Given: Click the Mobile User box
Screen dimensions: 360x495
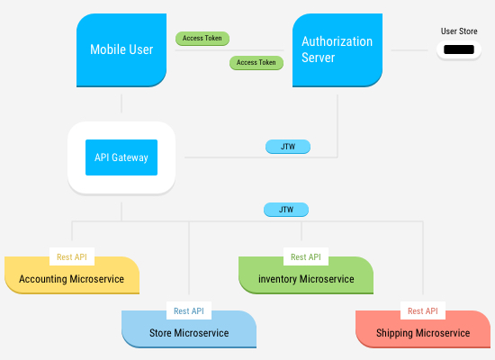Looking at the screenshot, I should pos(121,49).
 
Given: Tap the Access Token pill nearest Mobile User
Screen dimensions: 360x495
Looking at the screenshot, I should pos(203,39).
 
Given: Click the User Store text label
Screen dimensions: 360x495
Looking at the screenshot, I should pos(458,31).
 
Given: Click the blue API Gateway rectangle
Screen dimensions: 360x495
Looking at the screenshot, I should pos(121,157).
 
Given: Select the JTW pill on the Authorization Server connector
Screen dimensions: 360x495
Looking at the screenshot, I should pos(287,147).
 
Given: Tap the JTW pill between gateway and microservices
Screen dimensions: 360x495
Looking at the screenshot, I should pos(286,210).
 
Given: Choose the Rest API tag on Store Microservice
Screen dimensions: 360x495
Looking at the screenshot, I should pos(189,311).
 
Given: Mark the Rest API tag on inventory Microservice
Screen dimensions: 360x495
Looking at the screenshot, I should pos(306,256).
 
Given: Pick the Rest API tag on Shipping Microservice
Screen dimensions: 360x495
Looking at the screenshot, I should pos(423,311).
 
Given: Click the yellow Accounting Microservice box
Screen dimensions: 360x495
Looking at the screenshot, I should pos(72,279).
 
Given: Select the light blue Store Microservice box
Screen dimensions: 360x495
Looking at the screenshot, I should pos(189,334).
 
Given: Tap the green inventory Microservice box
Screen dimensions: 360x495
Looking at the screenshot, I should pos(306,279).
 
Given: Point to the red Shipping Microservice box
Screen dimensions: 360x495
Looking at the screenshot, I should pos(423,334).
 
